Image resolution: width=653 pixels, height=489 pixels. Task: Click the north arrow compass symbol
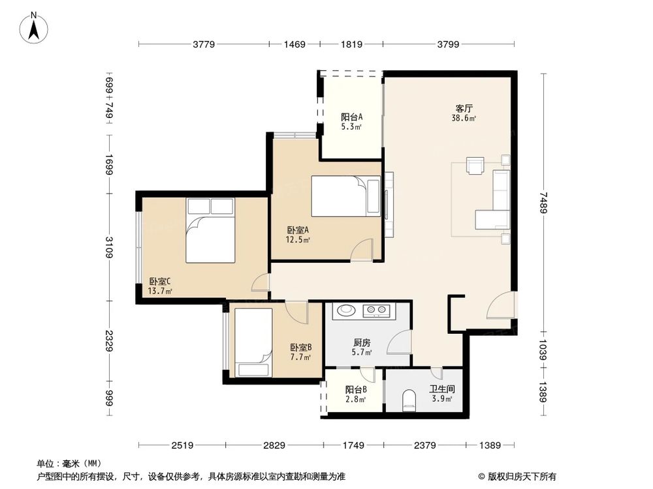[34, 27]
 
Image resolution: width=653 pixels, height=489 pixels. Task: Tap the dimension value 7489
[543, 203]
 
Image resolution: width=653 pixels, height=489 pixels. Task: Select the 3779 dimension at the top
[204, 44]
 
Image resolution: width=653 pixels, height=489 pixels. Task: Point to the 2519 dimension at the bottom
[182, 445]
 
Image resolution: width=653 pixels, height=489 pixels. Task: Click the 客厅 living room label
[464, 108]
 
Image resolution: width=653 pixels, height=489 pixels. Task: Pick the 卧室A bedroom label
[298, 230]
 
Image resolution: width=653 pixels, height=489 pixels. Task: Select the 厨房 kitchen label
[362, 343]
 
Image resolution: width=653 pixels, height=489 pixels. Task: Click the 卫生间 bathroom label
[442, 389]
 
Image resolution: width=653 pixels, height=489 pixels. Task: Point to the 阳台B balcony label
[356, 390]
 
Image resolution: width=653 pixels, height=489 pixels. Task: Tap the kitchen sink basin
[345, 310]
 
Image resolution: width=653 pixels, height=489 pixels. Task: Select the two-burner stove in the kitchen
[376, 310]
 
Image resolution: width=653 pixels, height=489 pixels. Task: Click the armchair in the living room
[475, 165]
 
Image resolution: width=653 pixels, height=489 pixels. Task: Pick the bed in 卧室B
[253, 343]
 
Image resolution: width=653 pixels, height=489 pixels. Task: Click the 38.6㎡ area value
[464, 118]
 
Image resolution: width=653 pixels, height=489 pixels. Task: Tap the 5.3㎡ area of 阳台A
[351, 127]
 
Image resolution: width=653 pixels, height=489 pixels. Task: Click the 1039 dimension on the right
[543, 349]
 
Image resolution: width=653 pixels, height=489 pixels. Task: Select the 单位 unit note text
[46, 464]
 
